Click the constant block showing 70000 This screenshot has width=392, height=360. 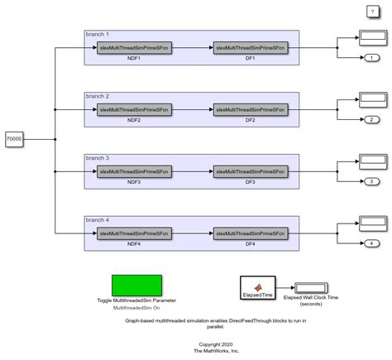(x=14, y=140)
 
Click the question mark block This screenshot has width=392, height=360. (x=372, y=10)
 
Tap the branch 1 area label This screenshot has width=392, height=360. (x=98, y=35)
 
